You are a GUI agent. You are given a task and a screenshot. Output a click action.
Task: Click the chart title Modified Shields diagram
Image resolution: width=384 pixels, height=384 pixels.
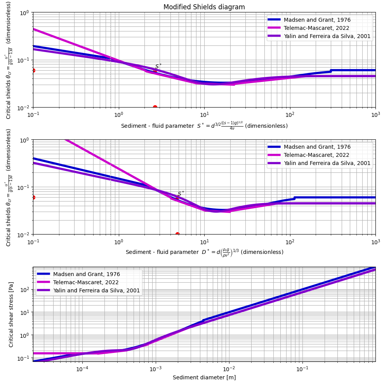204,7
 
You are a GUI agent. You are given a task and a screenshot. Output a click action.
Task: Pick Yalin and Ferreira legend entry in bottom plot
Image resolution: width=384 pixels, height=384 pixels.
96,290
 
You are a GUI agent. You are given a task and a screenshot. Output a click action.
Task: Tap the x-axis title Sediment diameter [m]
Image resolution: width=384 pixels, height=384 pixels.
204,377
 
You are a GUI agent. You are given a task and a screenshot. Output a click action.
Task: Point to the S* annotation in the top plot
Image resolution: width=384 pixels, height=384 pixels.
158,66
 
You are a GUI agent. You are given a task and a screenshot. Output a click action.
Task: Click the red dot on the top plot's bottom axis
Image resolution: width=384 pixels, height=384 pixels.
155,108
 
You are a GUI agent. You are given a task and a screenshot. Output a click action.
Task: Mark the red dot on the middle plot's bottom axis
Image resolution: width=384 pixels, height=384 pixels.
177,235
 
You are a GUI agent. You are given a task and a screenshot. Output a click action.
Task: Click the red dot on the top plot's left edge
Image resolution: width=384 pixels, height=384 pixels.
33,70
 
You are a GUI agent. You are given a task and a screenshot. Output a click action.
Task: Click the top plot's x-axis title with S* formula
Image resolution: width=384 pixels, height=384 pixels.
204,125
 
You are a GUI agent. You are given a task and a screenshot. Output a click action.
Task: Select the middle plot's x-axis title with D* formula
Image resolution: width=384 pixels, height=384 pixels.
204,252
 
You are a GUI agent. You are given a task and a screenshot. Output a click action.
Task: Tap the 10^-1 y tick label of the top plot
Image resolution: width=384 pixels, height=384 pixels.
24,60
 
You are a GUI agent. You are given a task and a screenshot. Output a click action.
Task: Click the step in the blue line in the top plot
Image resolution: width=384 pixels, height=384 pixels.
330,71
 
